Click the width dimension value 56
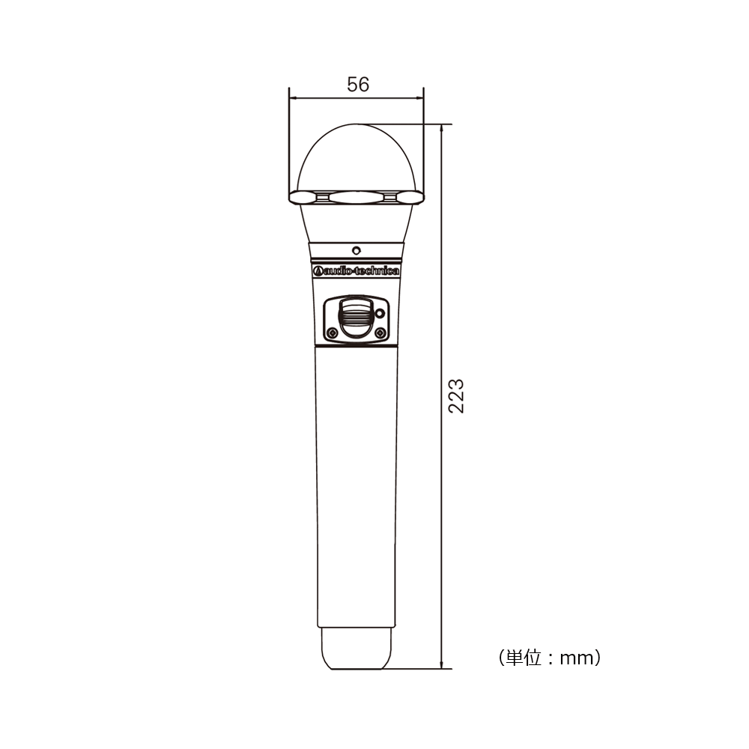tap(358, 85)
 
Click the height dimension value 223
tap(456, 395)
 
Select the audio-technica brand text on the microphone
tap(360, 271)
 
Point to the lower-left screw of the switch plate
tap(330, 333)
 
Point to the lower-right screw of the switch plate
tap(380, 333)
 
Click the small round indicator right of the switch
tap(380, 313)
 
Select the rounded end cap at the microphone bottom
tap(357, 649)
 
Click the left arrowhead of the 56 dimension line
tap(293, 97)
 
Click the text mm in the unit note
tap(576, 658)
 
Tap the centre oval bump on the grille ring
tap(356, 197)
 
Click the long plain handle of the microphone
tap(356, 487)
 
